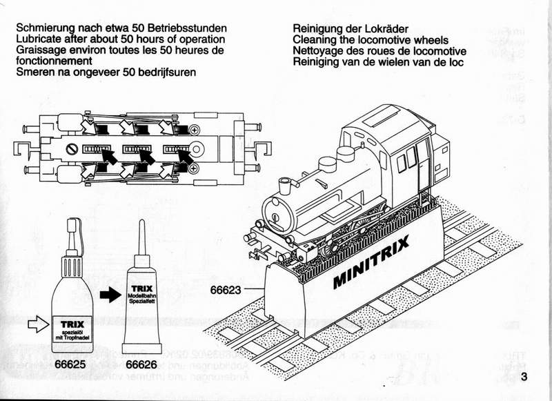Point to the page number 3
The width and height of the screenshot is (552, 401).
pos(526,377)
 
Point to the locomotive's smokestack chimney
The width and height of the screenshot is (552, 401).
pos(285,186)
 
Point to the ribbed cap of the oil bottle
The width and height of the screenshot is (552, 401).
pos(71,266)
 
